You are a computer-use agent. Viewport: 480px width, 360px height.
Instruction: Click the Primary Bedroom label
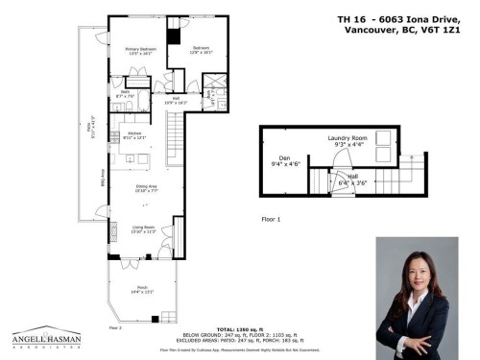tap(140, 50)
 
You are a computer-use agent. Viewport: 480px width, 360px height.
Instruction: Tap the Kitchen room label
tap(134, 132)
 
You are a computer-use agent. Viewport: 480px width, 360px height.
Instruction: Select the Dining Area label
tap(144, 186)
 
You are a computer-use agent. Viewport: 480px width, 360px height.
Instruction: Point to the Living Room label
tap(143, 228)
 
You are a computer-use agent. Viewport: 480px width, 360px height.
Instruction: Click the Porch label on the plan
tap(141, 291)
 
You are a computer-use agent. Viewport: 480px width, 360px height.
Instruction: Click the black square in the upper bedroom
tap(173, 36)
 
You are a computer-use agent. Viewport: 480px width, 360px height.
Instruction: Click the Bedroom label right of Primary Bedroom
tap(201, 49)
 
